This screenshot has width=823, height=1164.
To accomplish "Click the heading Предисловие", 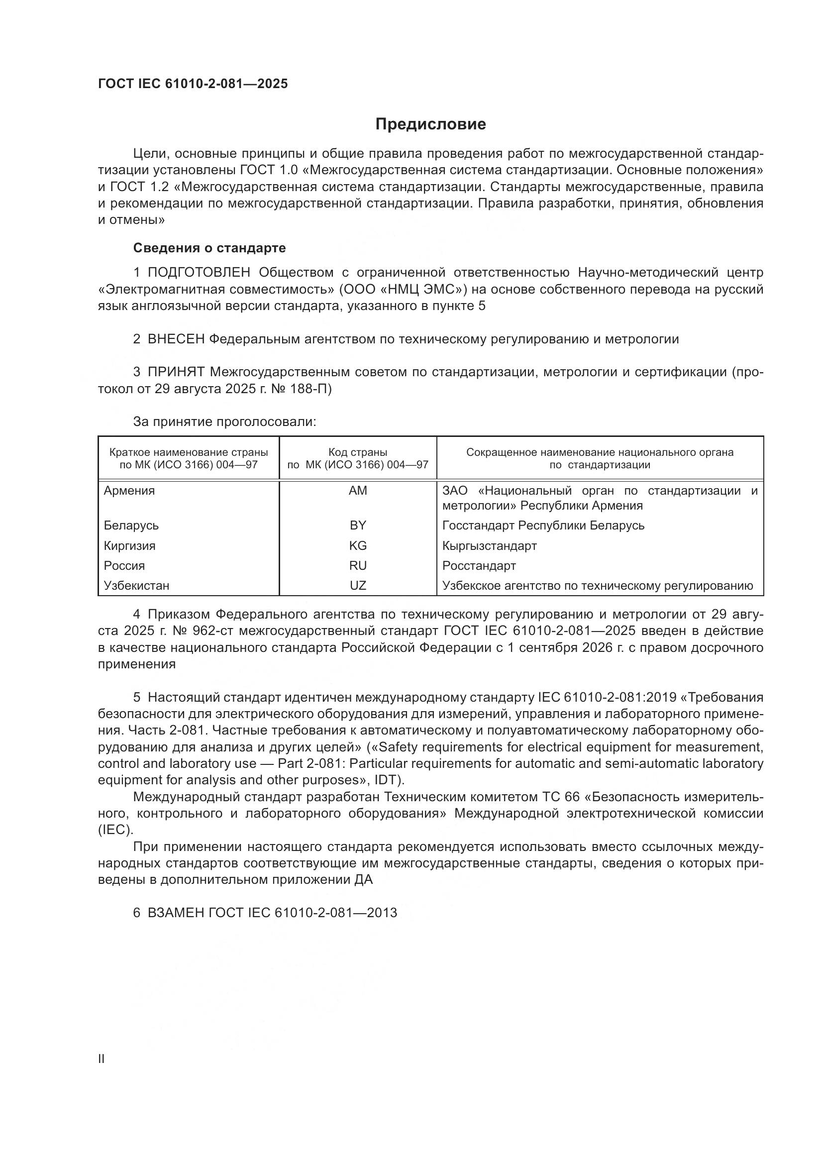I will pyautogui.click(x=430, y=124).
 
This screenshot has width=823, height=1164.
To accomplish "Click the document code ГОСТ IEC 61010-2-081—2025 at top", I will pyautogui.click(x=193, y=84).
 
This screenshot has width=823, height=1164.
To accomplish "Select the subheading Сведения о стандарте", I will pyautogui.click(x=209, y=248).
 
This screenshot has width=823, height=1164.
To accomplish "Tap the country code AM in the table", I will pyautogui.click(x=358, y=491).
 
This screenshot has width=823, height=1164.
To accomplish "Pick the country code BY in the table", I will pyautogui.click(x=358, y=525).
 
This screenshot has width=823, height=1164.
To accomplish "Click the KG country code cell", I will pyautogui.click(x=358, y=545).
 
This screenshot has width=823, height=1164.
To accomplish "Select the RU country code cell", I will pyautogui.click(x=358, y=565).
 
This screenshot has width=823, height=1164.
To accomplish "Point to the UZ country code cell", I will pyautogui.click(x=358, y=586).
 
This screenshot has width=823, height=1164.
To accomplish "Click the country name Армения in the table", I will pyautogui.click(x=129, y=491).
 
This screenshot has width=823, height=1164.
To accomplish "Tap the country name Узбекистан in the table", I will pyautogui.click(x=136, y=586).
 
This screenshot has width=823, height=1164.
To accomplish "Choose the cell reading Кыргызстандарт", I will pyautogui.click(x=489, y=545).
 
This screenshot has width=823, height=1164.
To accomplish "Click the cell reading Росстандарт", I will pyautogui.click(x=479, y=565).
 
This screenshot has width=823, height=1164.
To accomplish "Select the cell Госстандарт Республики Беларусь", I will pyautogui.click(x=543, y=525).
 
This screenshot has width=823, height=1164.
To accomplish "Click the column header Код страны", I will pyautogui.click(x=358, y=452).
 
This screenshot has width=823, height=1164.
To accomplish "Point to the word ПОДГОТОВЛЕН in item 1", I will pyautogui.click(x=199, y=273).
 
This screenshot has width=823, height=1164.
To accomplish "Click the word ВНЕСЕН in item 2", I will pyautogui.click(x=175, y=339).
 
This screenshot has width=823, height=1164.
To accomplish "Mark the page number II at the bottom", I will pyautogui.click(x=102, y=1059).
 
